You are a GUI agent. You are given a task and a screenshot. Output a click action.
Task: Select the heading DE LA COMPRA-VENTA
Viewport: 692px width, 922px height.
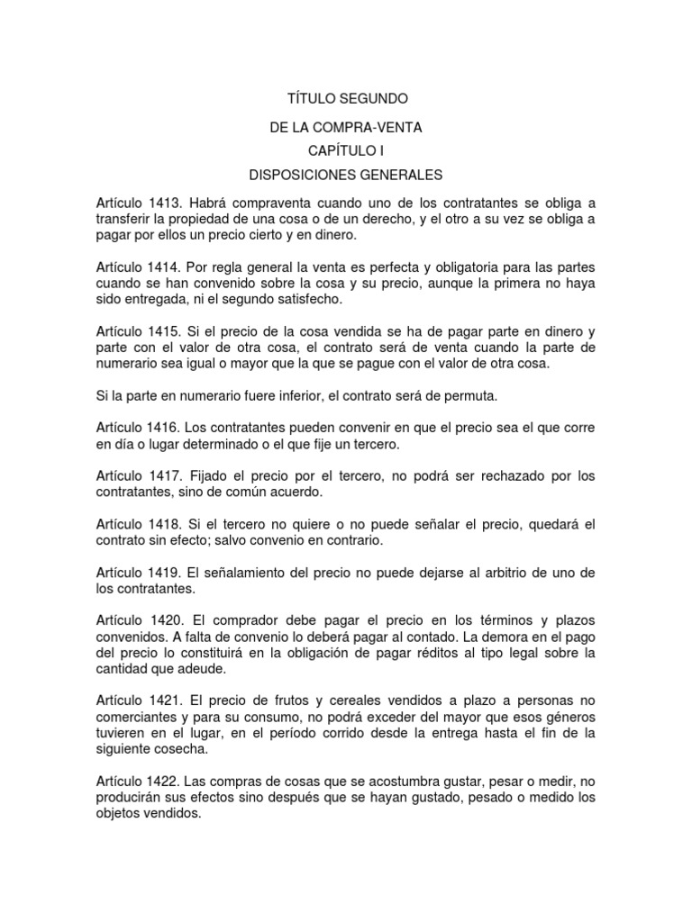(346, 128)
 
